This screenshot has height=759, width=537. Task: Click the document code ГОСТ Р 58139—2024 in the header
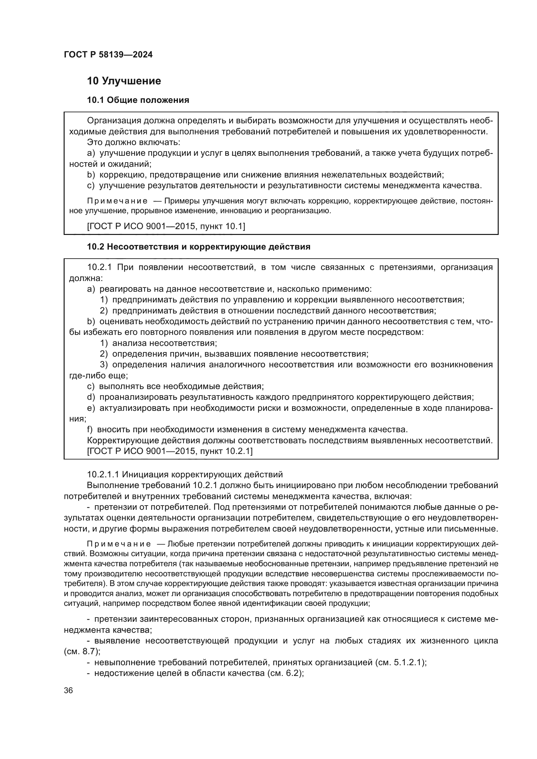coord(108,55)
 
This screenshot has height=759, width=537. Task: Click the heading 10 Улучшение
coord(124,81)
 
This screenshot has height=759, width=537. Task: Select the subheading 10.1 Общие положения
coord(138,100)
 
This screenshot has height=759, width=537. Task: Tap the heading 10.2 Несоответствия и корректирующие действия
coord(198,247)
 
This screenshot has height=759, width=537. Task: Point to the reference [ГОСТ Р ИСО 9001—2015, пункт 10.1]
coord(166,226)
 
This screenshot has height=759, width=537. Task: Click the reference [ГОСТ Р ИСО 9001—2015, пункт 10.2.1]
coord(169,451)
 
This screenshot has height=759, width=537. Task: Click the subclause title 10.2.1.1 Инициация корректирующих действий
coord(185,474)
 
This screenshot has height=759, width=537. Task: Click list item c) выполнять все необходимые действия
coord(175,386)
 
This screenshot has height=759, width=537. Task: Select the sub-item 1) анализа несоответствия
coord(159,343)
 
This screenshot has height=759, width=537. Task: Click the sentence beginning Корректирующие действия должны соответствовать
coord(290,440)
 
